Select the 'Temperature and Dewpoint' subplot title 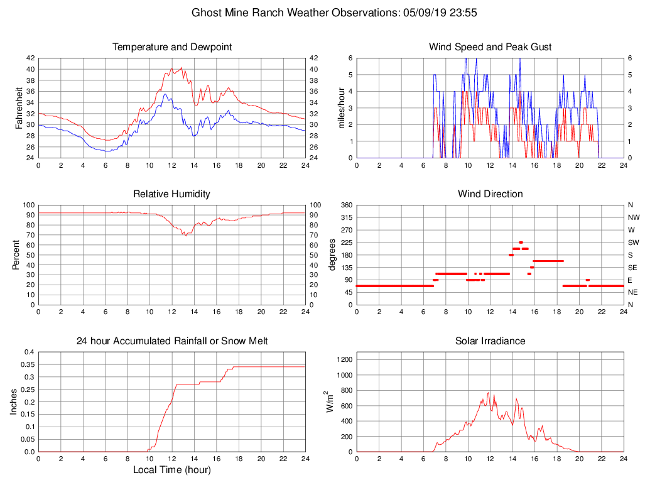[x=172, y=47]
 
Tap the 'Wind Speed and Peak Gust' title [x=490, y=47]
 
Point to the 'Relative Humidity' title [x=172, y=194]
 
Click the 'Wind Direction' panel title [x=490, y=194]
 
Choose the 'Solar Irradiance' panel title [x=490, y=341]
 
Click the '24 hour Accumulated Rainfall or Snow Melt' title [x=172, y=341]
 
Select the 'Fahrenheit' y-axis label [x=18, y=107]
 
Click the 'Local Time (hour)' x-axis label [x=172, y=470]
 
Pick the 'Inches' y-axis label [x=14, y=401]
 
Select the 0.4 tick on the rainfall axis [x=28, y=352]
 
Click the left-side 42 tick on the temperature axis [x=31, y=58]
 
